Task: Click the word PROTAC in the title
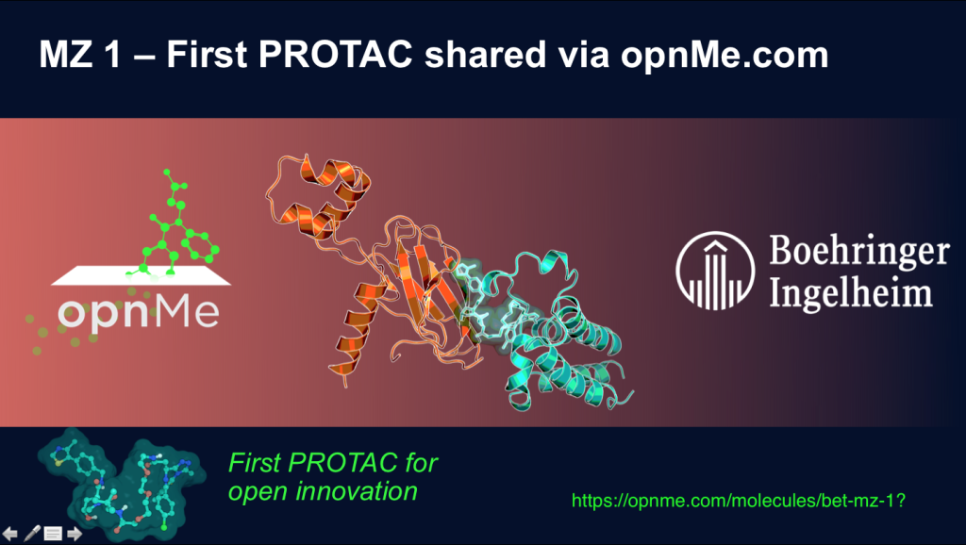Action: pos(330,55)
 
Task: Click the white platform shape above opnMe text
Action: pos(142,276)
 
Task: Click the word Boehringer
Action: pos(858,253)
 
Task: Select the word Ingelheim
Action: pos(850,293)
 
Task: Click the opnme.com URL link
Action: pos(740,500)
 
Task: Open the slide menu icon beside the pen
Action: pos(53,534)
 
